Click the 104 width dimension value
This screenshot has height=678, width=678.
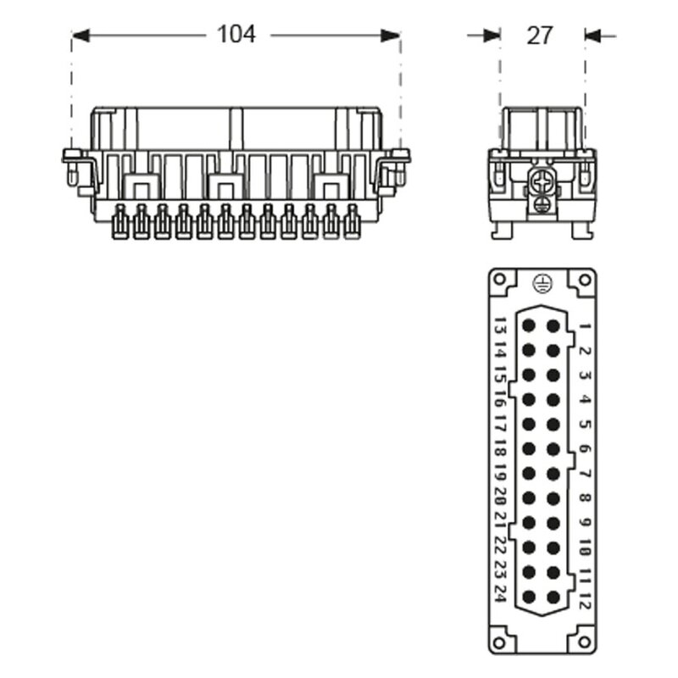[x=236, y=34]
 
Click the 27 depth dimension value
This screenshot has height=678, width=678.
[x=539, y=36]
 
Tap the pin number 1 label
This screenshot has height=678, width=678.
[x=585, y=326]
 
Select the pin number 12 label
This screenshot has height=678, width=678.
[x=585, y=598]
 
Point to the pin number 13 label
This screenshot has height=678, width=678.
[x=500, y=325]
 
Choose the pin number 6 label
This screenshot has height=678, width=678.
[x=585, y=449]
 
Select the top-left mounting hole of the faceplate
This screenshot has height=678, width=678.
[x=499, y=280]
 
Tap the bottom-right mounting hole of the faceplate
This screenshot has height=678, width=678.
[x=584, y=642]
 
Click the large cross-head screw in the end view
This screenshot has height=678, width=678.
[x=541, y=182]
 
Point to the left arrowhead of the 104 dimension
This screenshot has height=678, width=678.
[x=81, y=36]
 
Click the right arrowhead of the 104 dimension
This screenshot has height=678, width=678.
[x=390, y=36]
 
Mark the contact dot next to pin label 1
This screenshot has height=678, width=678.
[x=553, y=325]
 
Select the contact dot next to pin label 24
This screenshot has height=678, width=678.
[x=529, y=597]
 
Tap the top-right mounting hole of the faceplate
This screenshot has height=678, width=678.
[x=584, y=280]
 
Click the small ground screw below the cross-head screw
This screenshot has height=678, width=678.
[x=541, y=204]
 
